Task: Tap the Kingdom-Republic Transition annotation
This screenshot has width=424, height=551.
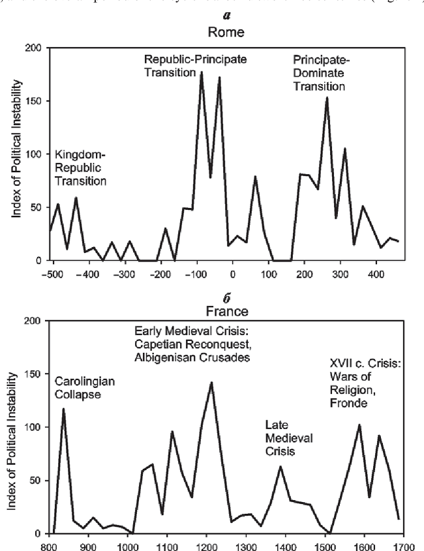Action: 80,167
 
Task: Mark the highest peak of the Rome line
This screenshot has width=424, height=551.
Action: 201,72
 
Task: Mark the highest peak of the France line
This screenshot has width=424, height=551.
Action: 212,382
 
